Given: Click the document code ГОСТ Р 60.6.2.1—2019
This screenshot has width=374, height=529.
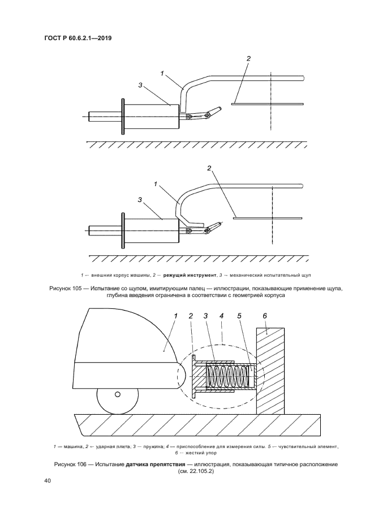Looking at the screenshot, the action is point(78,38).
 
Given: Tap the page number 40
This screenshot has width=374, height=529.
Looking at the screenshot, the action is point(47,481).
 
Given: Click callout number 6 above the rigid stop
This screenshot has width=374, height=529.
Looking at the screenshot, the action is point(265,316).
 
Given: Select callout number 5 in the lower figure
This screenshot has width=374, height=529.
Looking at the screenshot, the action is point(239,316).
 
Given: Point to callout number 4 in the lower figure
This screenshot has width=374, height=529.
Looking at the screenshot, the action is point(222,316).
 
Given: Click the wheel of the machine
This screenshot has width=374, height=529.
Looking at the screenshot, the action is point(117,401).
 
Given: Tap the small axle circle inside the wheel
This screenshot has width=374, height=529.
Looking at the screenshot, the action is point(117,394).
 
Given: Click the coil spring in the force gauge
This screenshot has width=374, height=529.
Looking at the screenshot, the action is point(229,376).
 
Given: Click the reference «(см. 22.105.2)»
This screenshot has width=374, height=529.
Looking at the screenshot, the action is point(196,471).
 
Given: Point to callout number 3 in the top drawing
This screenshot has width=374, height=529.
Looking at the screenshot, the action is point(140,85).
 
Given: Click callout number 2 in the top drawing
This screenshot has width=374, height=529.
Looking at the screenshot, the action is point(248,58).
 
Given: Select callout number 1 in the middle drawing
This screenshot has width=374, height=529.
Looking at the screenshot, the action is point(156,184).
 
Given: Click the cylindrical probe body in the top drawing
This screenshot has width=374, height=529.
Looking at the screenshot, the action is point(152,117).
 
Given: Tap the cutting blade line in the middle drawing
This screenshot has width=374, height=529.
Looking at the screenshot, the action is point(268,218).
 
